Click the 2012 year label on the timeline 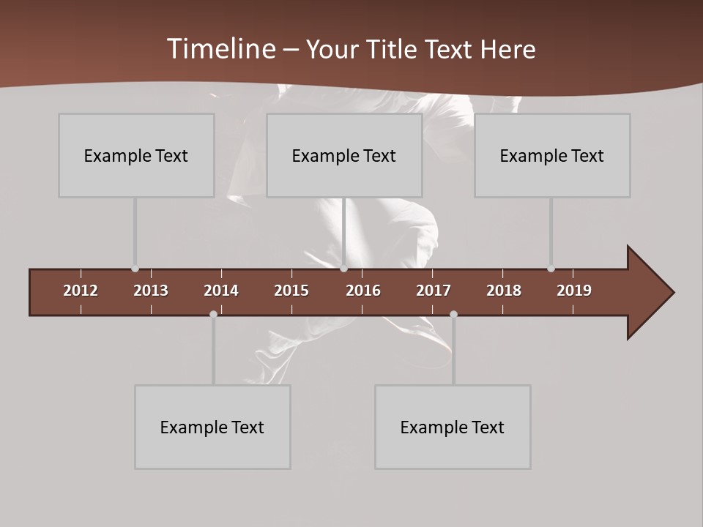[x=81, y=291]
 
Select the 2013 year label [x=151, y=291]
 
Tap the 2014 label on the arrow [x=221, y=291]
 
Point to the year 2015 [x=291, y=291]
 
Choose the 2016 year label [x=363, y=291]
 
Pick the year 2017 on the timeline [x=434, y=291]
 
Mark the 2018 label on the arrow [x=504, y=291]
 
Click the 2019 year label [x=574, y=291]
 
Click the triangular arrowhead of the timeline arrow [x=649, y=292]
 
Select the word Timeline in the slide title [x=221, y=49]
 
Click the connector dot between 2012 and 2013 [x=135, y=269]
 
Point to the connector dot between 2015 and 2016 [x=343, y=269]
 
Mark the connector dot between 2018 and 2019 [x=551, y=269]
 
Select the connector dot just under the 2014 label [x=213, y=314]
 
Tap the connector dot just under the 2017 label [x=453, y=314]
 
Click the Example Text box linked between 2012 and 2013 [x=136, y=155]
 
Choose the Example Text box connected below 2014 [x=212, y=427]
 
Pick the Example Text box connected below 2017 [x=453, y=427]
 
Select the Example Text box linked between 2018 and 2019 [x=552, y=155]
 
